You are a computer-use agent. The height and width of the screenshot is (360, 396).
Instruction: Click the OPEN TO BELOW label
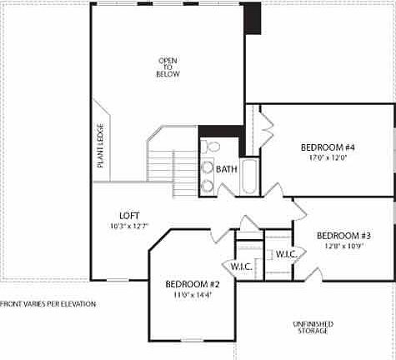tap(168, 67)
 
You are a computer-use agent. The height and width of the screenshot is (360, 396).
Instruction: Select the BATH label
tap(226, 169)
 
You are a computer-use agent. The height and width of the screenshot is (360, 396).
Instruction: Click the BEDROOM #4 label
tap(328, 148)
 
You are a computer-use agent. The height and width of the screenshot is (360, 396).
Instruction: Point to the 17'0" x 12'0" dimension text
tap(328, 157)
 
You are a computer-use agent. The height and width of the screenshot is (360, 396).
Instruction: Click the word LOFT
tap(128, 214)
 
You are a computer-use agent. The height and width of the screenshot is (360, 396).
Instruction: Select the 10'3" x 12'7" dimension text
tap(128, 225)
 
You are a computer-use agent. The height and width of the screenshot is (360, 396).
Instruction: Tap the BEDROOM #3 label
tap(343, 235)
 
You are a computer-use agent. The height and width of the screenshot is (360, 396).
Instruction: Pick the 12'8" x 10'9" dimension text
tap(343, 246)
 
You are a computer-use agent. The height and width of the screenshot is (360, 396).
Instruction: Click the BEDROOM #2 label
tap(192, 284)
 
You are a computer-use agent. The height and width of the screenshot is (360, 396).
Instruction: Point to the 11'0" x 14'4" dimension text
tap(192, 294)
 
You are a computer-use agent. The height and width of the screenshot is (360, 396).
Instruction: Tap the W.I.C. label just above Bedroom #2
tap(242, 267)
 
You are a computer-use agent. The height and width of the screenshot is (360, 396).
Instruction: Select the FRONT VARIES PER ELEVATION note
tap(48, 304)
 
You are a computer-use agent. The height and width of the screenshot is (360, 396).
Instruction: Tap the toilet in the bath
tap(211, 148)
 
